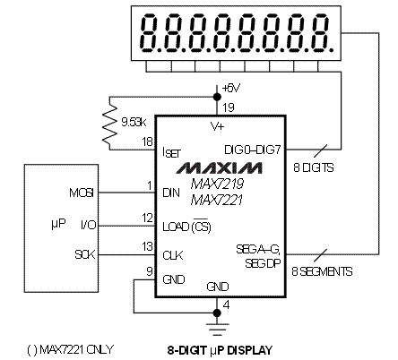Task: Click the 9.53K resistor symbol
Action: point(109,123)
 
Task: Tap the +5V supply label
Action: point(231,88)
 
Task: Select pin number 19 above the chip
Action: point(229,107)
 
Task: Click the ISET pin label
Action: point(171,152)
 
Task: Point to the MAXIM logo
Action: point(220,167)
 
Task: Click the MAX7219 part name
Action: point(217,184)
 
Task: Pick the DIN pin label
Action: point(171,193)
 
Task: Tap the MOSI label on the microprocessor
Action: point(82,193)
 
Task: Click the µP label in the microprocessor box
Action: point(58,223)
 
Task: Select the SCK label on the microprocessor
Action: point(85,254)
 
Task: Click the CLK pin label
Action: point(173,255)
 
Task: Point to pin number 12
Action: point(148,218)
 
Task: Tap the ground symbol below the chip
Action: point(217,329)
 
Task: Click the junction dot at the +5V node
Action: point(217,97)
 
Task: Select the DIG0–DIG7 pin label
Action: point(253,150)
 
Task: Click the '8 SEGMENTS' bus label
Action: point(322,271)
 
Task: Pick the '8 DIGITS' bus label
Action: point(314,167)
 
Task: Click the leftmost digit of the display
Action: point(151,33)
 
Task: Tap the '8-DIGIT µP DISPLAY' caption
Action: point(220,350)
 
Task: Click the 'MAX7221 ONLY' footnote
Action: point(76,349)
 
